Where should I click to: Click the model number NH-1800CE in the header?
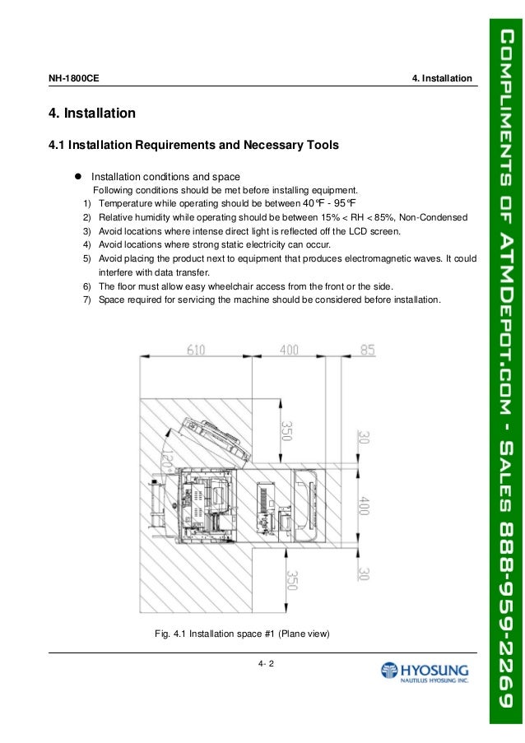[x=75, y=79]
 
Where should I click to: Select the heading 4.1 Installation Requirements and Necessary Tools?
[x=193, y=146]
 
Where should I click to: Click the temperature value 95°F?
[x=345, y=203]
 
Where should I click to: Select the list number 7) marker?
[x=86, y=300]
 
